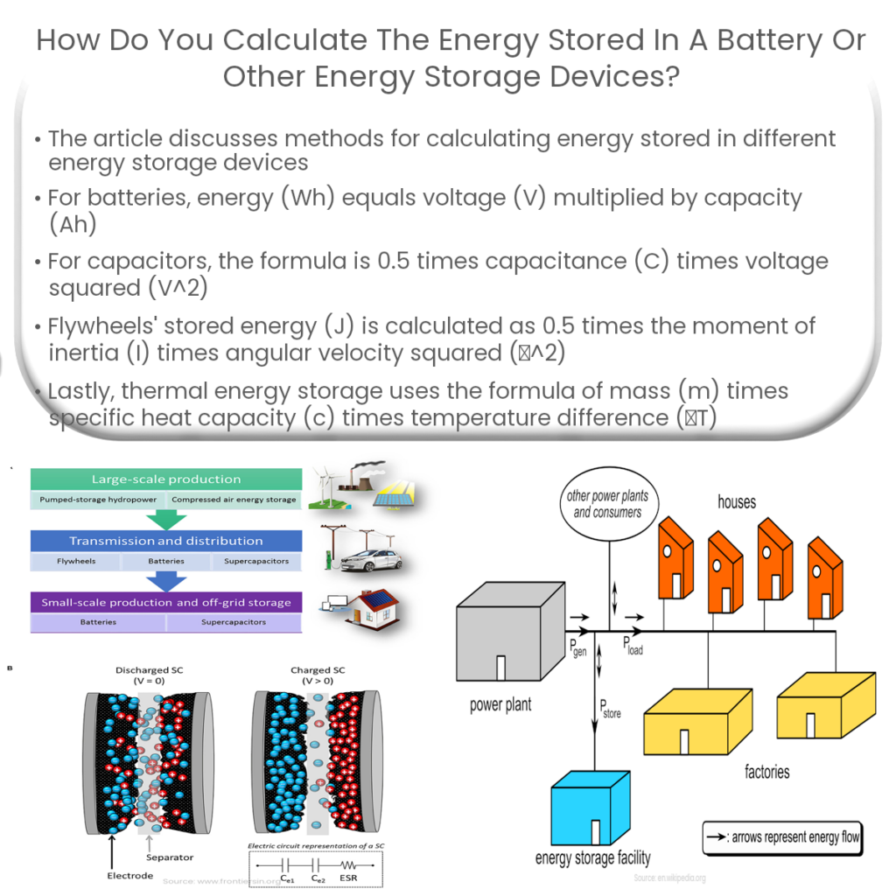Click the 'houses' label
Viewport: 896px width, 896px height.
[737, 501]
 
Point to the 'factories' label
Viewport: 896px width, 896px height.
[766, 772]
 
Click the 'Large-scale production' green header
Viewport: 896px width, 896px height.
[166, 479]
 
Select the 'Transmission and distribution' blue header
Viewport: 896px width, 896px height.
[166, 541]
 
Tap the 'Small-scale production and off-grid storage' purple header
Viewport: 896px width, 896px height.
[166, 602]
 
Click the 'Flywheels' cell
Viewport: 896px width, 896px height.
[75, 561]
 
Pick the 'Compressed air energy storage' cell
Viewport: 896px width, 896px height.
[234, 500]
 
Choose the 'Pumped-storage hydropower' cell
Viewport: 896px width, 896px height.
[98, 500]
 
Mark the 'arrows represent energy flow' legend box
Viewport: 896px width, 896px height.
[782, 837]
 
